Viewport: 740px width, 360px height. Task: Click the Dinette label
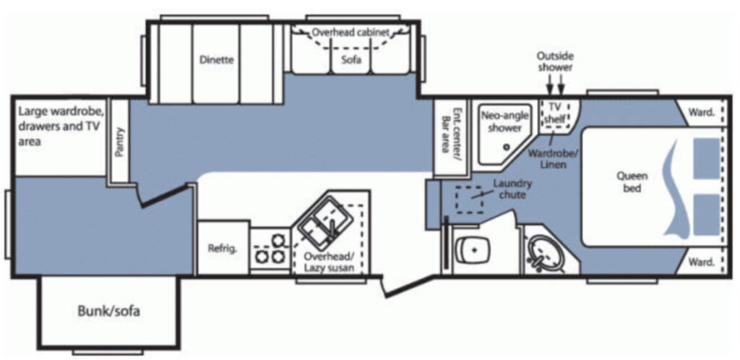tap(216, 60)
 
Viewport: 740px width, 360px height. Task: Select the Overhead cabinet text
tap(351, 33)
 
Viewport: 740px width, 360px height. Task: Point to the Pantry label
tap(119, 142)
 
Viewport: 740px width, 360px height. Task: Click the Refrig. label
tap(223, 249)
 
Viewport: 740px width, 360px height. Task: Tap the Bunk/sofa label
tap(108, 312)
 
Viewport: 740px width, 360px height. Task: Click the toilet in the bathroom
tap(473, 248)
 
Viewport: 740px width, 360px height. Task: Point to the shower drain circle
tap(507, 147)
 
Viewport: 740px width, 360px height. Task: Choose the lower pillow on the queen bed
tap(707, 215)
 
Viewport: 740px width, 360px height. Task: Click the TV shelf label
tap(555, 113)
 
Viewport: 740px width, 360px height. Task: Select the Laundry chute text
tap(512, 188)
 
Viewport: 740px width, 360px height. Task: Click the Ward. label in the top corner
tap(701, 112)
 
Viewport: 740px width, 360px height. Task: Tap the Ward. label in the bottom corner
tap(701, 262)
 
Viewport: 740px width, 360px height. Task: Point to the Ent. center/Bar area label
tap(450, 131)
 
